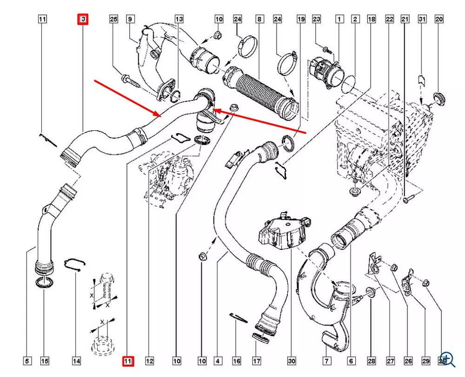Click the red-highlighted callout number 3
83,19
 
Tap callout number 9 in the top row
130,19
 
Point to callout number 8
259,19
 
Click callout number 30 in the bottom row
292,361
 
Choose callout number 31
422,19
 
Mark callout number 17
256,361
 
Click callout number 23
317,19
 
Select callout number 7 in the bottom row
327,361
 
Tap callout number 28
372,361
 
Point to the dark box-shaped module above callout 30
278,233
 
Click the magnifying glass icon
447,357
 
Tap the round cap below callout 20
438,98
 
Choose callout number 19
301,19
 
